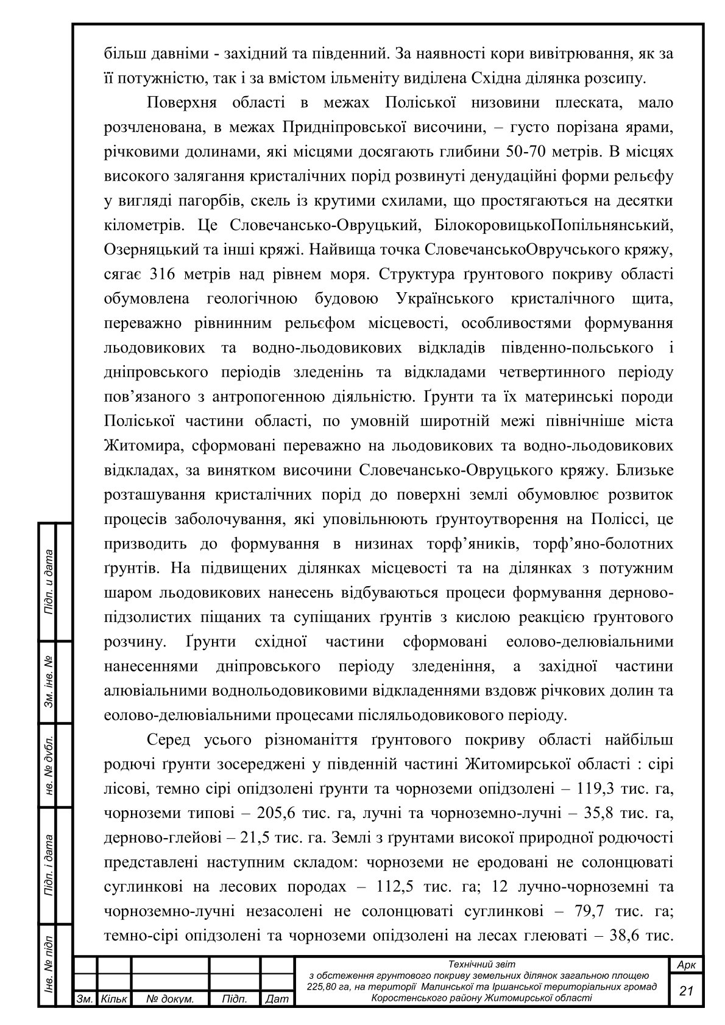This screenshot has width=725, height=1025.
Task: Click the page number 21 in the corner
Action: pyautogui.click(x=687, y=991)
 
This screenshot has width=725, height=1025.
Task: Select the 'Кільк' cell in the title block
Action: pyautogui.click(x=114, y=999)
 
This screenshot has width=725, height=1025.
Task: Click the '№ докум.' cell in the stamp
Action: pyautogui.click(x=171, y=999)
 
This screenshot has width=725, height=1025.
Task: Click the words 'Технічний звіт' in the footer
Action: pyautogui.click(x=481, y=964)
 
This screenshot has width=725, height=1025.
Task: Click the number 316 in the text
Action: pyautogui.click(x=163, y=275)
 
